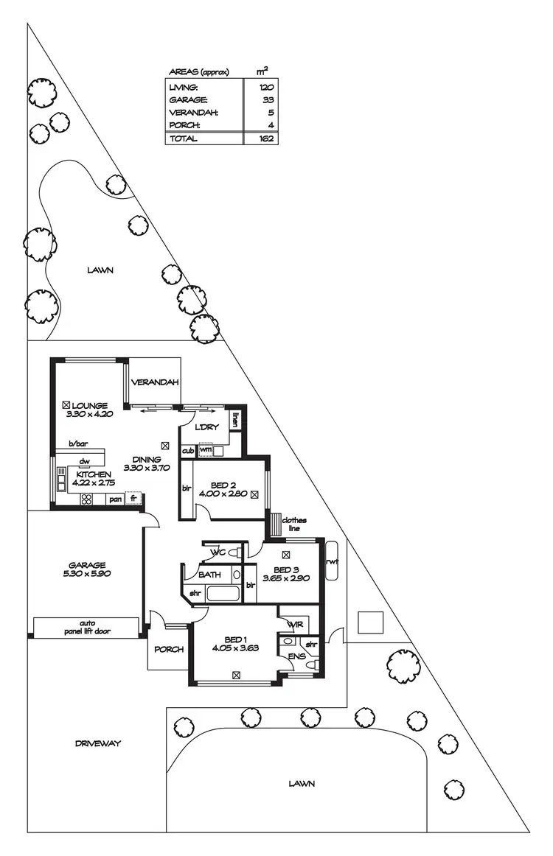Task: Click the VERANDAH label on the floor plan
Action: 155,382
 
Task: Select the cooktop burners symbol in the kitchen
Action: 86,499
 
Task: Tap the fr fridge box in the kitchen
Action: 133,499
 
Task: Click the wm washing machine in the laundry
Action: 206,449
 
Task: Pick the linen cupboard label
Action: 235,420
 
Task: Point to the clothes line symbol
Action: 277,525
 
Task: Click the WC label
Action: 218,552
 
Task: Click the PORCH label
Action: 168,650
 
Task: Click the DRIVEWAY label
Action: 97,743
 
